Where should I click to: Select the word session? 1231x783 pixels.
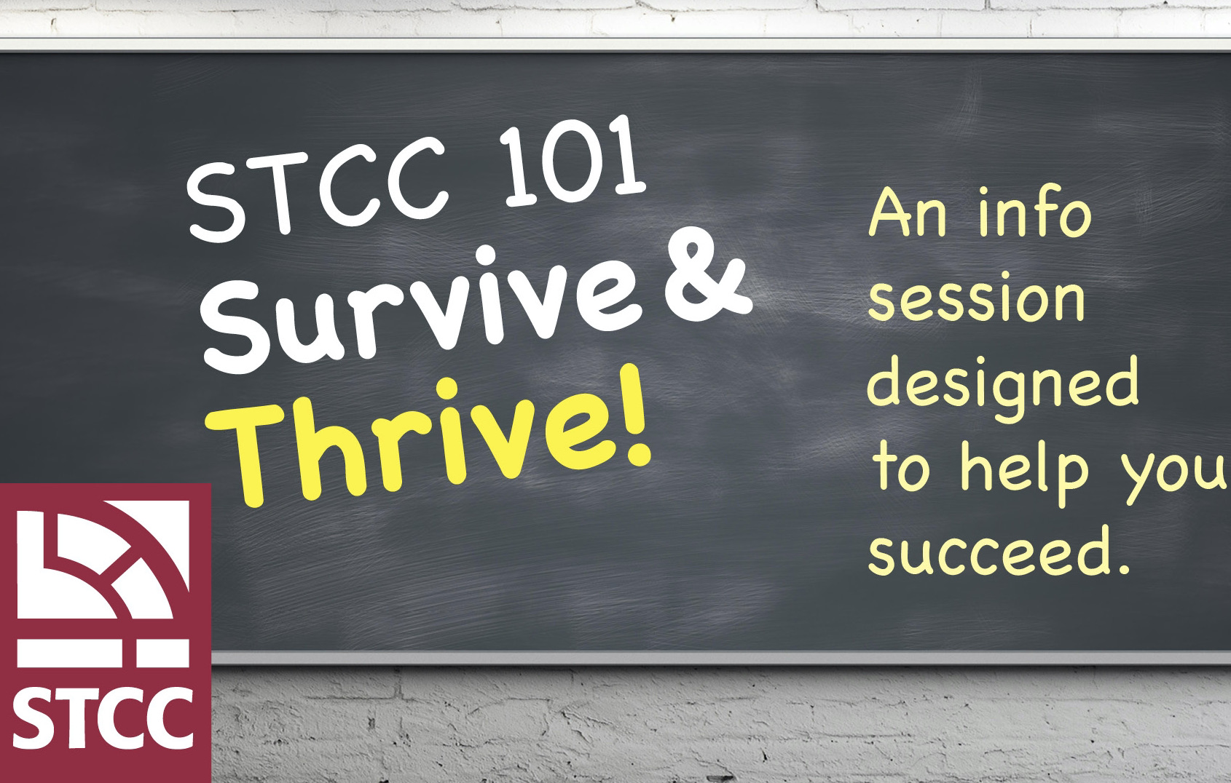(976, 299)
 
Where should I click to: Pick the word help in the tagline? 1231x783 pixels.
(1024, 472)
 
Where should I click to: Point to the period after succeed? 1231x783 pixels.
(1121, 568)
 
